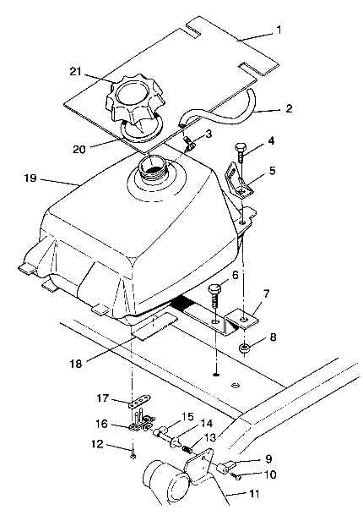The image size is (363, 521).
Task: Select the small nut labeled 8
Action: tap(243, 349)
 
